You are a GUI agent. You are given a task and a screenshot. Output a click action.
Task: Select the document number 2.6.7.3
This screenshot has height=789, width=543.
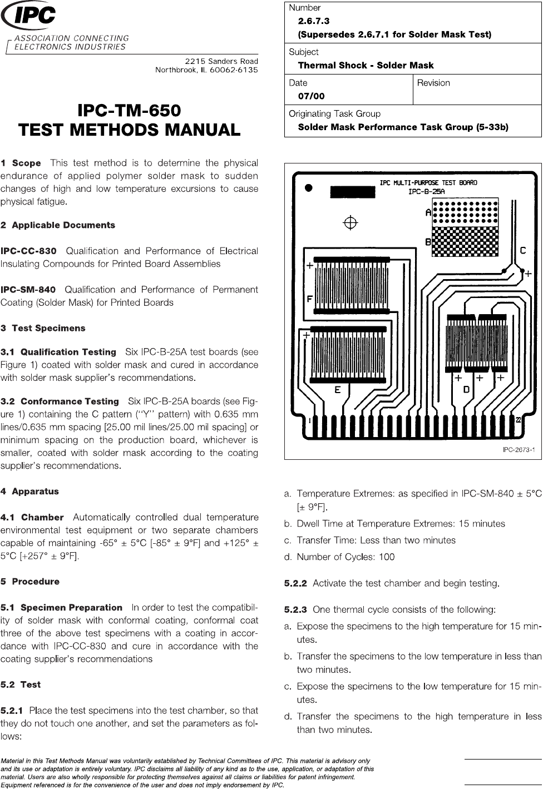click(314, 21)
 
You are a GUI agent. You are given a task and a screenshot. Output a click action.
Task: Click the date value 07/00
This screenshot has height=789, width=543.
click(312, 96)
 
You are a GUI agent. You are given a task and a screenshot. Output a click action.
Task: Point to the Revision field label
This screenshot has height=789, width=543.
click(433, 83)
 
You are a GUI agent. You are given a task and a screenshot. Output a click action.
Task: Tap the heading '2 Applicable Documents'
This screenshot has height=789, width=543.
click(58, 225)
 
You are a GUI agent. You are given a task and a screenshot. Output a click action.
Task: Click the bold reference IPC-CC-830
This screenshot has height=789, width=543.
click(28, 251)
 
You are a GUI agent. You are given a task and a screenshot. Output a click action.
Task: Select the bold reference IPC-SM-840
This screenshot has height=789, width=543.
click(28, 290)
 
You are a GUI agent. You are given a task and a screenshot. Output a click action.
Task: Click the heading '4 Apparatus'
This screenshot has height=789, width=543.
click(29, 492)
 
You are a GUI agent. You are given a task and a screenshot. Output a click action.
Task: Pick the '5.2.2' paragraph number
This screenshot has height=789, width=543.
click(295, 583)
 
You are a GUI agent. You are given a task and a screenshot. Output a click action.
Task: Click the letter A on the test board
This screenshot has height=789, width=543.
click(428, 212)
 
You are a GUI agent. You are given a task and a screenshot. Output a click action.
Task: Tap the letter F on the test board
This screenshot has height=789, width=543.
click(309, 299)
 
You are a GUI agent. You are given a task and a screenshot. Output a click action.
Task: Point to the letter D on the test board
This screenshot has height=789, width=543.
click(467, 389)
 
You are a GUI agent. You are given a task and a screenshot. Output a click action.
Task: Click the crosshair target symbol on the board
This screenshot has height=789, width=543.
click(350, 222)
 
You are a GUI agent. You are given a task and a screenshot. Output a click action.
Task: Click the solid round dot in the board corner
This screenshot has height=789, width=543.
click(309, 188)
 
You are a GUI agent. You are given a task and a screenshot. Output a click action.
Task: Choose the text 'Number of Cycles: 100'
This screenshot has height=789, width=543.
click(345, 557)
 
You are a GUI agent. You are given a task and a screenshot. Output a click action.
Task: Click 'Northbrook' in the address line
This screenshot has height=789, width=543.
click(174, 70)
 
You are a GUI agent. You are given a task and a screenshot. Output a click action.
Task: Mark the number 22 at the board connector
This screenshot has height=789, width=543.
click(517, 420)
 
